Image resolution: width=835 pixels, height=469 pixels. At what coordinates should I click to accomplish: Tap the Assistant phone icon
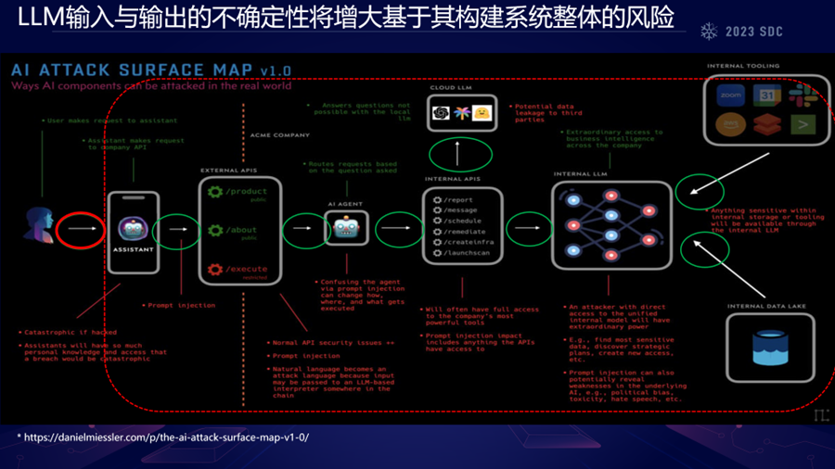click(x=134, y=231)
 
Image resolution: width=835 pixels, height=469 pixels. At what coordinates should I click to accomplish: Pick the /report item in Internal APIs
click(x=458, y=199)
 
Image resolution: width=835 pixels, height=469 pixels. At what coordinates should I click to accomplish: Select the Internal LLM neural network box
click(x=611, y=225)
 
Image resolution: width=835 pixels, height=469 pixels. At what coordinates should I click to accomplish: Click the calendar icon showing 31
click(x=767, y=95)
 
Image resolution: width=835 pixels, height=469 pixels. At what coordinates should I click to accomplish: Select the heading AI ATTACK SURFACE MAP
click(x=130, y=70)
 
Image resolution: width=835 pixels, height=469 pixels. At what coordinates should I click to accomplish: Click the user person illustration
click(x=41, y=225)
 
